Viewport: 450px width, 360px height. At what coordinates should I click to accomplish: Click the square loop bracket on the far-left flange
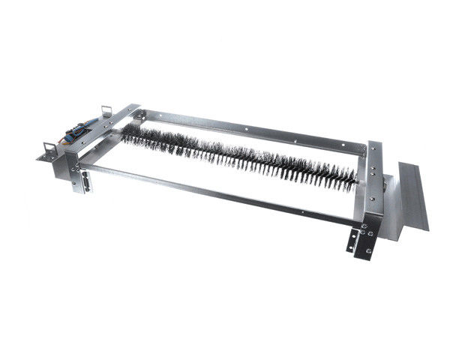click(51, 149)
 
